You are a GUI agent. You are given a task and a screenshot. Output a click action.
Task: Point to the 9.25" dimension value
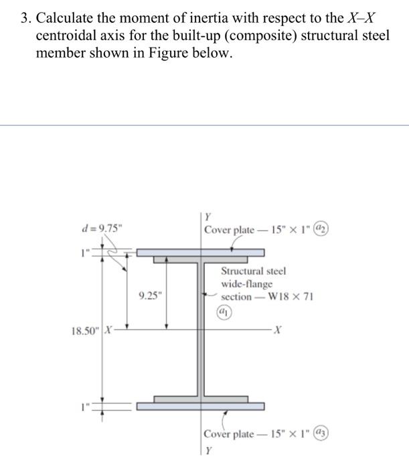(x=149, y=295)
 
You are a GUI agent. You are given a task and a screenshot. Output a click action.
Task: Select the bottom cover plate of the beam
(x=201, y=406)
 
